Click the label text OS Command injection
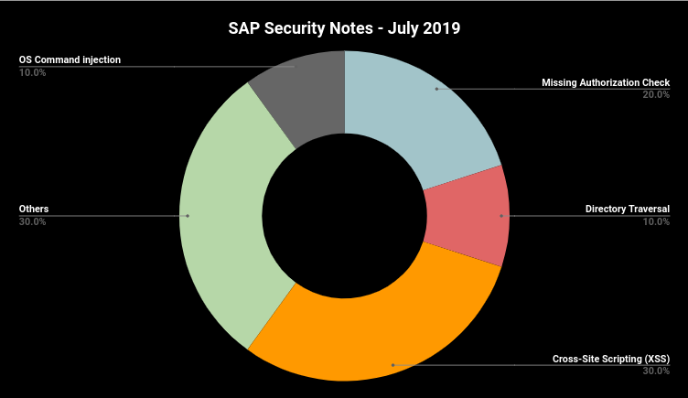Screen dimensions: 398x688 (70, 60)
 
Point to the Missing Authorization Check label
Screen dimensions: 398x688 (606, 83)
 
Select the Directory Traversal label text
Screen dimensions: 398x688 (628, 210)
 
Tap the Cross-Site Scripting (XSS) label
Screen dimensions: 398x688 (611, 359)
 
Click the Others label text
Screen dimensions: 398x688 (34, 210)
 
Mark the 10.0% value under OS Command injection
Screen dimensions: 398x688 (33, 72)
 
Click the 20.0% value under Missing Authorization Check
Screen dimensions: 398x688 (656, 95)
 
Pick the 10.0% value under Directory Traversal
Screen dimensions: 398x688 (656, 221)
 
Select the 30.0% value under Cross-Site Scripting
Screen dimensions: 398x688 (656, 371)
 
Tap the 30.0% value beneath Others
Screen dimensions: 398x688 (33, 221)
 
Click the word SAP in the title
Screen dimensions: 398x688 (245, 28)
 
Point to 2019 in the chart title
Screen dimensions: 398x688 (440, 28)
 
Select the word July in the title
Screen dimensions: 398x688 (399, 28)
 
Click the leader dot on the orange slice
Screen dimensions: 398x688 (392, 365)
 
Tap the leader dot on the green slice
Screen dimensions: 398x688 (188, 216)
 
